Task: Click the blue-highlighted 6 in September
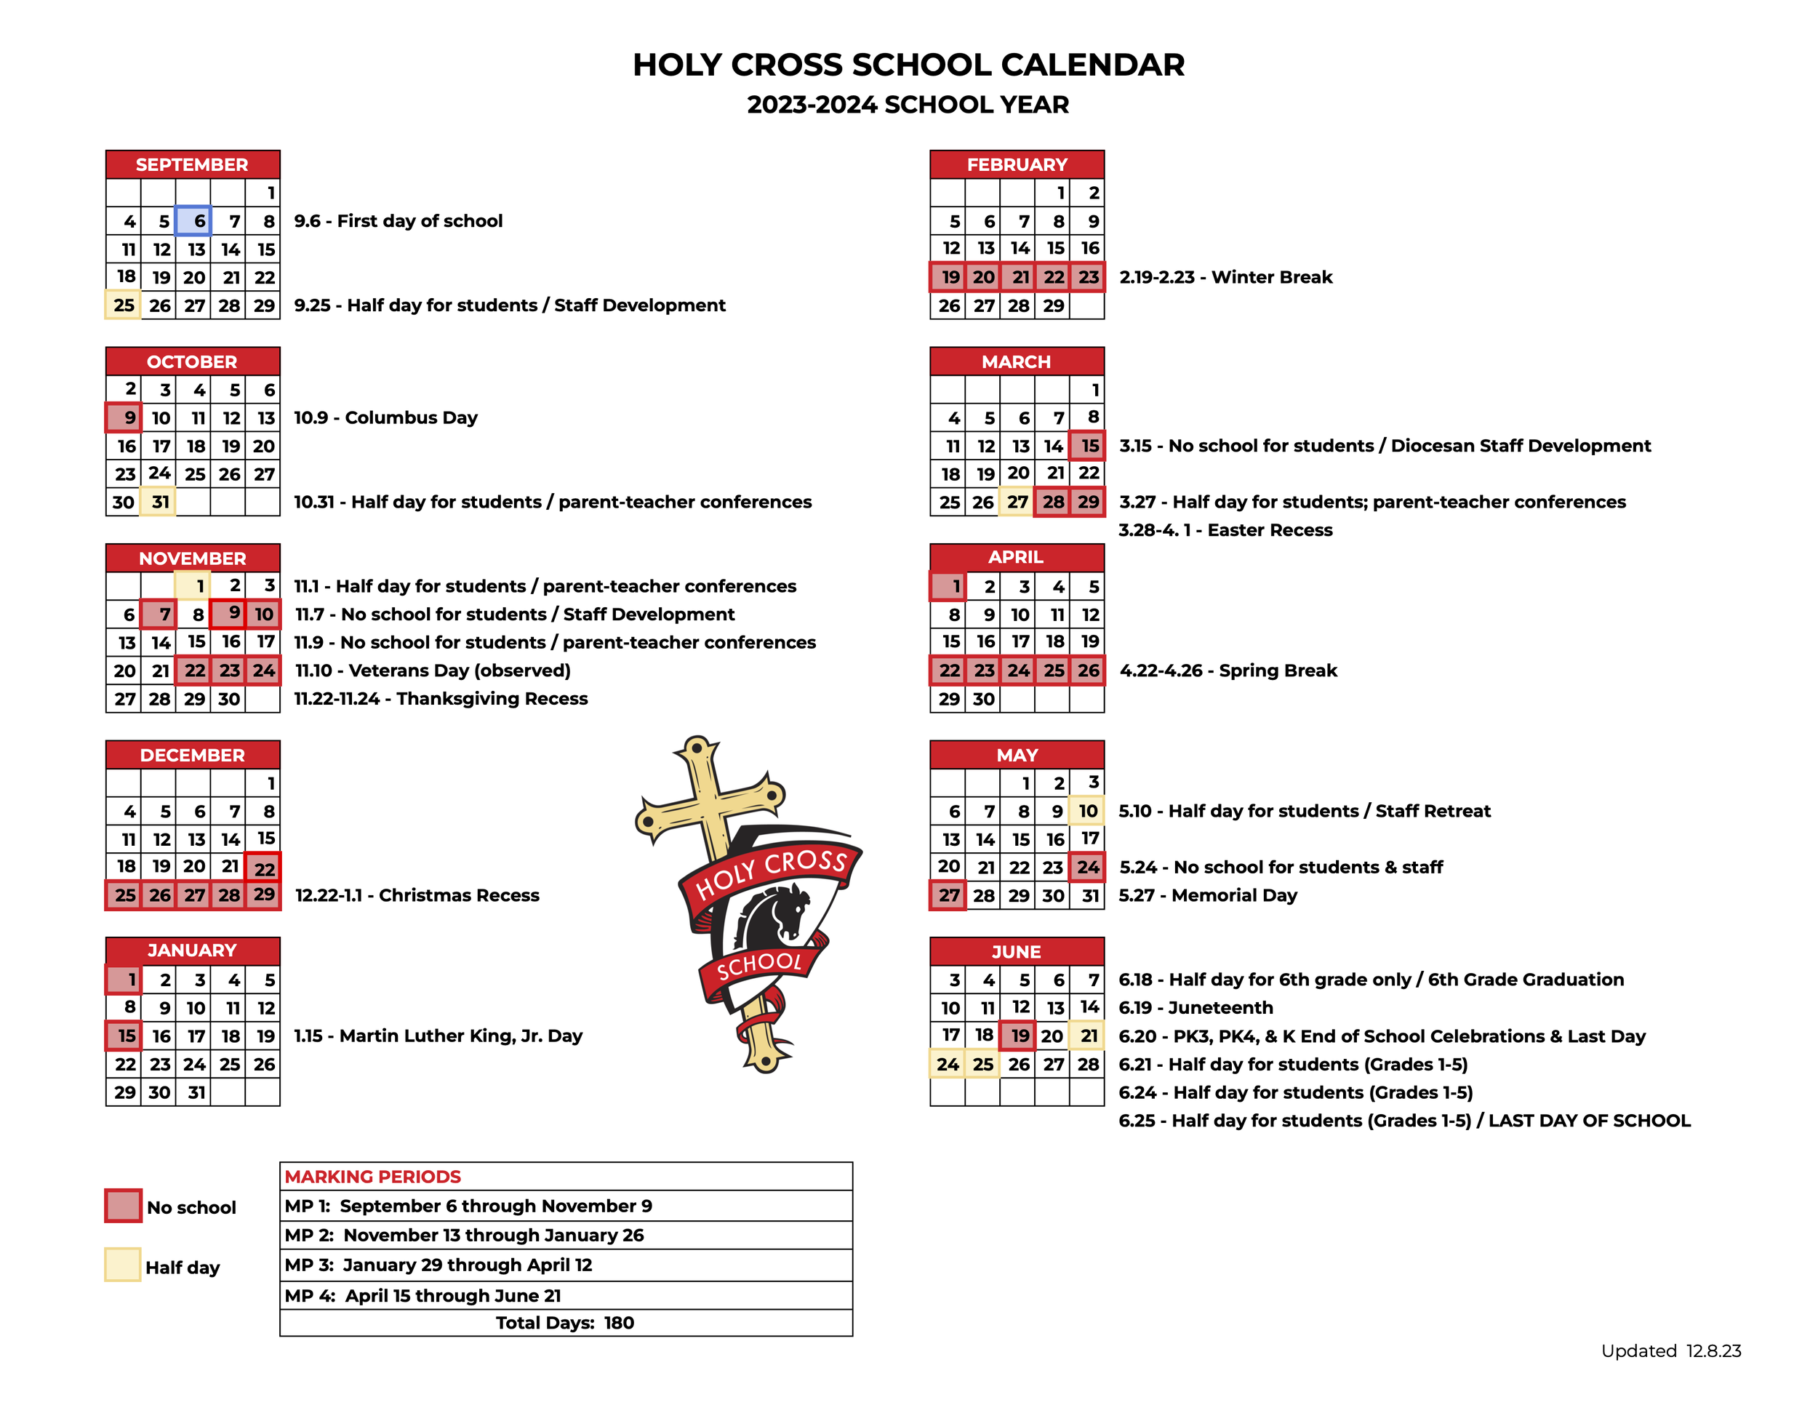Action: [193, 221]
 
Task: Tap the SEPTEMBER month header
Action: [192, 165]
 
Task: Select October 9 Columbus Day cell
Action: [123, 418]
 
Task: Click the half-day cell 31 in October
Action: [158, 502]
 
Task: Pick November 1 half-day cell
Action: [193, 586]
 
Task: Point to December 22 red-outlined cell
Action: [263, 868]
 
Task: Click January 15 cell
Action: [123, 1036]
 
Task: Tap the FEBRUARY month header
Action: [1017, 165]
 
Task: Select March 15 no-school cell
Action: [1087, 446]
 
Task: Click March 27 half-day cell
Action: [1017, 502]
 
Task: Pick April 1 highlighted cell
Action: [948, 586]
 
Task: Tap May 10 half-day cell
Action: [1087, 811]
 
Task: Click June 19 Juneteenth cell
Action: [1017, 1036]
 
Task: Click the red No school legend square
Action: [123, 1206]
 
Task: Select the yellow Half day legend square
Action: [122, 1265]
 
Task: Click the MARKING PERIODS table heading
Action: [373, 1176]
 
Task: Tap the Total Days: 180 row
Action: [565, 1323]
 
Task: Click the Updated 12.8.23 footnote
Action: [1670, 1351]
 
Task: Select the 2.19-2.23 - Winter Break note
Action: [1225, 277]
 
